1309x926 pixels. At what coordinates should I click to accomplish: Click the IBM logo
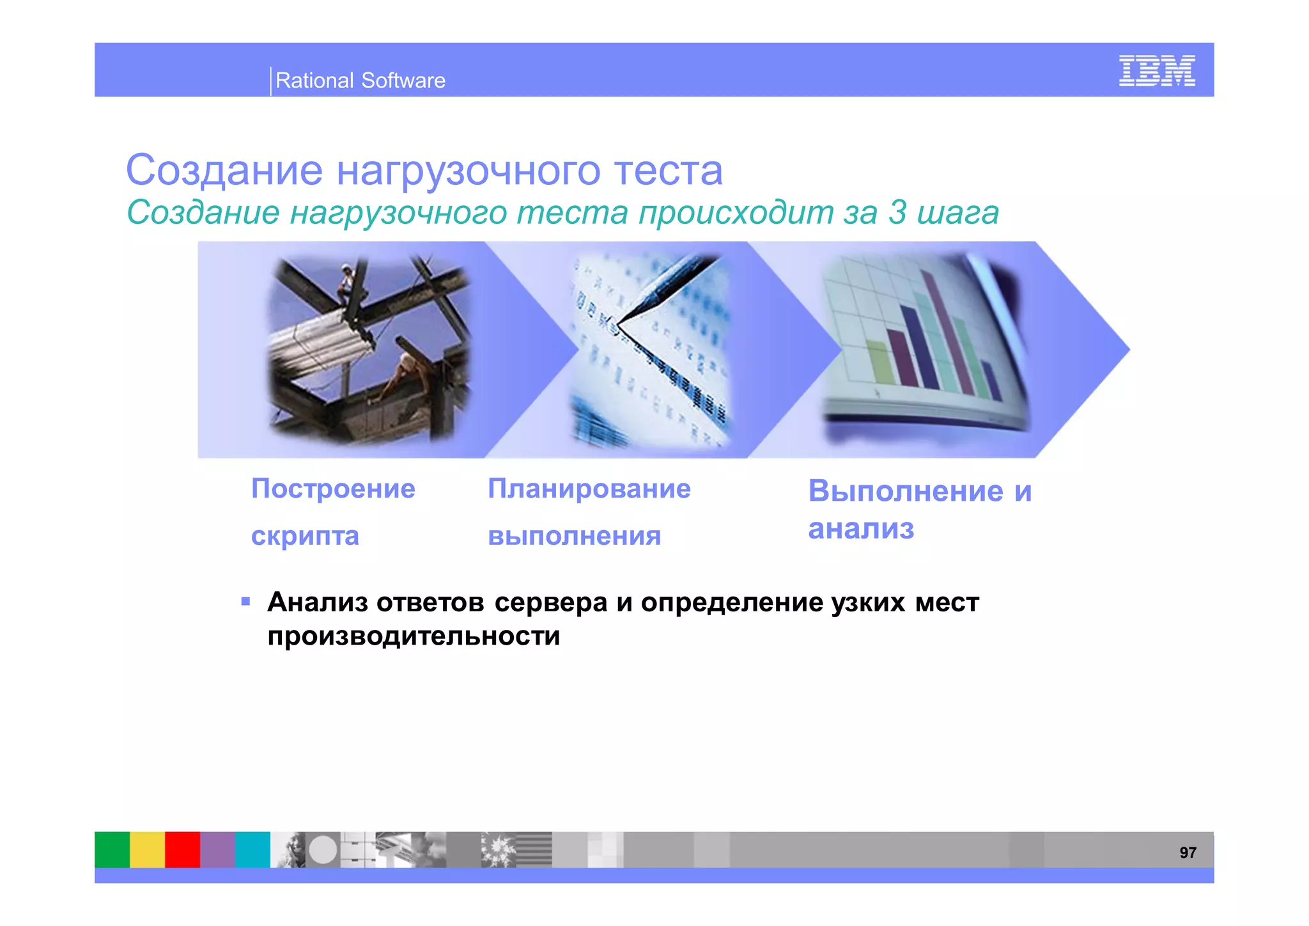[1156, 70]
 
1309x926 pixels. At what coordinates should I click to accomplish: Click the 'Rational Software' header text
[360, 81]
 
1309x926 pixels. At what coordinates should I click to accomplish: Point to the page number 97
[1188, 852]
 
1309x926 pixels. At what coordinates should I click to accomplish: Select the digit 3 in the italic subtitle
[897, 212]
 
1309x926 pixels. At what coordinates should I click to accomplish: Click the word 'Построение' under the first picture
[333, 489]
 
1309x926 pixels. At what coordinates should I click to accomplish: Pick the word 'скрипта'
[305, 536]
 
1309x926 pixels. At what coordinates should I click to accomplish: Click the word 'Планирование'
[589, 489]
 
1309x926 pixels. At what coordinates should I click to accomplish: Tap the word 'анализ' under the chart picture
[861, 529]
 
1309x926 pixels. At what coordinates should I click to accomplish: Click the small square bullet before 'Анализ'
[245, 601]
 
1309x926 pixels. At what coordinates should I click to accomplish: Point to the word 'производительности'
[414, 636]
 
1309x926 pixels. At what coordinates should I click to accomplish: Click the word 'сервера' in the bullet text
[550, 602]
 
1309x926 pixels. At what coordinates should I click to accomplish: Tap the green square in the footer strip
[112, 849]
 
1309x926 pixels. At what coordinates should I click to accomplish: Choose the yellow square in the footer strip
[147, 849]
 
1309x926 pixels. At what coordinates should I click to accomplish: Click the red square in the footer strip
[182, 849]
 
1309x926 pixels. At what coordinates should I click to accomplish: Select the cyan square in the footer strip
[252, 849]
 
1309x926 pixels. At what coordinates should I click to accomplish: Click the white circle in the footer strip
[323, 850]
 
